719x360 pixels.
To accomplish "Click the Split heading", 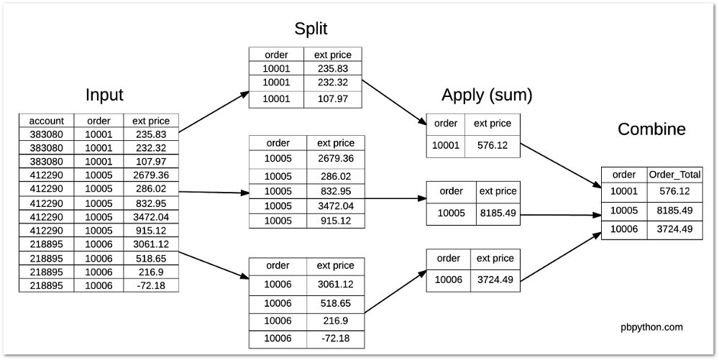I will point(311,29).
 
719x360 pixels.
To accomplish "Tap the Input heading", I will point(104,95).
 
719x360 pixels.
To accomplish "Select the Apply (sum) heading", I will point(487,95).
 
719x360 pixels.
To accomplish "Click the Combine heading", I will point(651,129).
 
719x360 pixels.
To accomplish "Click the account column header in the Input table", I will point(47,121).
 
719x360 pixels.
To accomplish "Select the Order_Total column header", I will point(674,174).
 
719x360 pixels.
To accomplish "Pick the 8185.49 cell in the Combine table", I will point(674,211).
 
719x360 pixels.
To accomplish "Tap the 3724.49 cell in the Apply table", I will point(496,279).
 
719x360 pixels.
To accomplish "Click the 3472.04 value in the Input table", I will point(151,216).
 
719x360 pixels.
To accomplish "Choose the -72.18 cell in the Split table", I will point(336,338).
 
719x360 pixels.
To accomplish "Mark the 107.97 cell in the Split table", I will point(332,98).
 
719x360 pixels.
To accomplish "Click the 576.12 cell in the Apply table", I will point(493,145).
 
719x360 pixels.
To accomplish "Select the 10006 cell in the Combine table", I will point(623,229).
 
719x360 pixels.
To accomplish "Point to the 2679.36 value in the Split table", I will point(336,158).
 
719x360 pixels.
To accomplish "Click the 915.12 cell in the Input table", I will point(151,230).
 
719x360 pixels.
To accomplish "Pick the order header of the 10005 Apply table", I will point(451,191).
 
